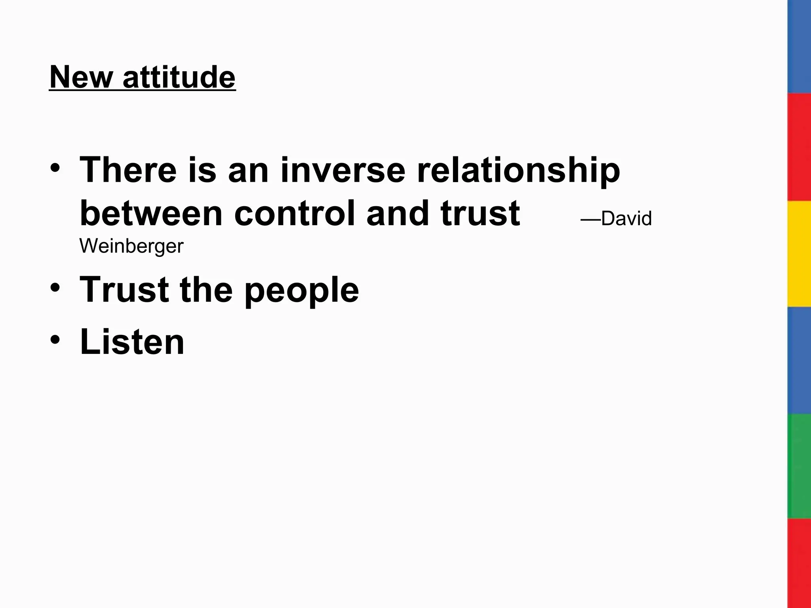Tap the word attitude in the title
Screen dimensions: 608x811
[179, 77]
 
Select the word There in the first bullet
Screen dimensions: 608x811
[128, 170]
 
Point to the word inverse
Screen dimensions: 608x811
[343, 170]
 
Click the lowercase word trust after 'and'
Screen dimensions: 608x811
[480, 214]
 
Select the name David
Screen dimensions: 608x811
[626, 218]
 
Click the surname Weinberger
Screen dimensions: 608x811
[131, 246]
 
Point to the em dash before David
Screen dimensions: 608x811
[590, 219]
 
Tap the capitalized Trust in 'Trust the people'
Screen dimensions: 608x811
[124, 290]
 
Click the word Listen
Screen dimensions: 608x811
[132, 342]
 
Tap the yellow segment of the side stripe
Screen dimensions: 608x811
[799, 253]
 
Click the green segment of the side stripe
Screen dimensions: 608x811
[799, 466]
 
